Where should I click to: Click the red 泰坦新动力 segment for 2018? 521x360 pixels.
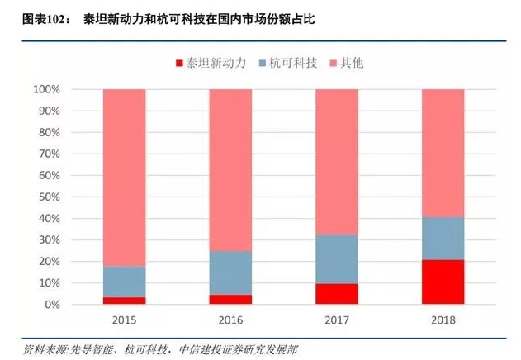point(443,282)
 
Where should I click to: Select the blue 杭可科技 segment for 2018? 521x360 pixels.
point(443,238)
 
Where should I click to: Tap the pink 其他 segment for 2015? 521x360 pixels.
point(124,177)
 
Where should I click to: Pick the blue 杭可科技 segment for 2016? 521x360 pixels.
point(230,272)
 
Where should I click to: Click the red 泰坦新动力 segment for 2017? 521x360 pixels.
point(336,294)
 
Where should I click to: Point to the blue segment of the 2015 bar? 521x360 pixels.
point(124,282)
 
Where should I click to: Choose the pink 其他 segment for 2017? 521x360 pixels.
point(336,162)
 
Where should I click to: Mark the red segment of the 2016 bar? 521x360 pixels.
point(230,299)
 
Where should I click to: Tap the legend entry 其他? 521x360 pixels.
point(353,63)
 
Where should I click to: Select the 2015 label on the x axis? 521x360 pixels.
point(124,318)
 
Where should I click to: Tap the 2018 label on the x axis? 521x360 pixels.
point(443,318)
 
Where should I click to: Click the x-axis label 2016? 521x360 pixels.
point(230,318)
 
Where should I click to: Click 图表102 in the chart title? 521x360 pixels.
point(31,17)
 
